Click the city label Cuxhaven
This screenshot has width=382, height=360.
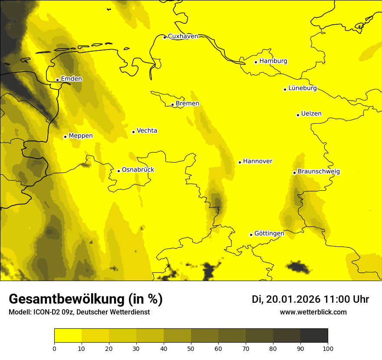tap(183, 36)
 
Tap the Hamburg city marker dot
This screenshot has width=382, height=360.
tap(256, 62)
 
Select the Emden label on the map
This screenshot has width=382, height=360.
tap(71, 79)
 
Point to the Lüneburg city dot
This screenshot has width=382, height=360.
tap(285, 89)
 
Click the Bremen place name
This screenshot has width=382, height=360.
tap(188, 104)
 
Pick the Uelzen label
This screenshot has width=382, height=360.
tap(311, 114)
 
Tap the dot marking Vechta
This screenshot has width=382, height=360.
tap(133, 132)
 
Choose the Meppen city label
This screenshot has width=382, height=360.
tap(81, 136)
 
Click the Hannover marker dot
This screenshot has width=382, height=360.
tap(240, 162)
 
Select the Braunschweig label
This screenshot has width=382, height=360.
tap(319, 172)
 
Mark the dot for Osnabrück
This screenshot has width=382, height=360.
tap(119, 171)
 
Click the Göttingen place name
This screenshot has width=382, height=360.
tap(269, 234)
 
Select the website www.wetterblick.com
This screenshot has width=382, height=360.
tap(313, 312)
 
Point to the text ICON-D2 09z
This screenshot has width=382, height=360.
tap(50, 312)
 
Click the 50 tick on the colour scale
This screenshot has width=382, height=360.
tap(191, 348)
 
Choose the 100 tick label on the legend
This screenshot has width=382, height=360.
tap(328, 348)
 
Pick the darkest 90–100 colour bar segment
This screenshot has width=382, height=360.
tap(314, 335)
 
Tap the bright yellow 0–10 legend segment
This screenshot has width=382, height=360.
tap(68, 335)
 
